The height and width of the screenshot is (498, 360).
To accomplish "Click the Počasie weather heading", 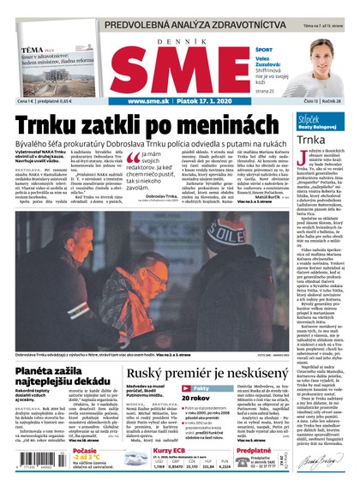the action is tap(84, 450).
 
